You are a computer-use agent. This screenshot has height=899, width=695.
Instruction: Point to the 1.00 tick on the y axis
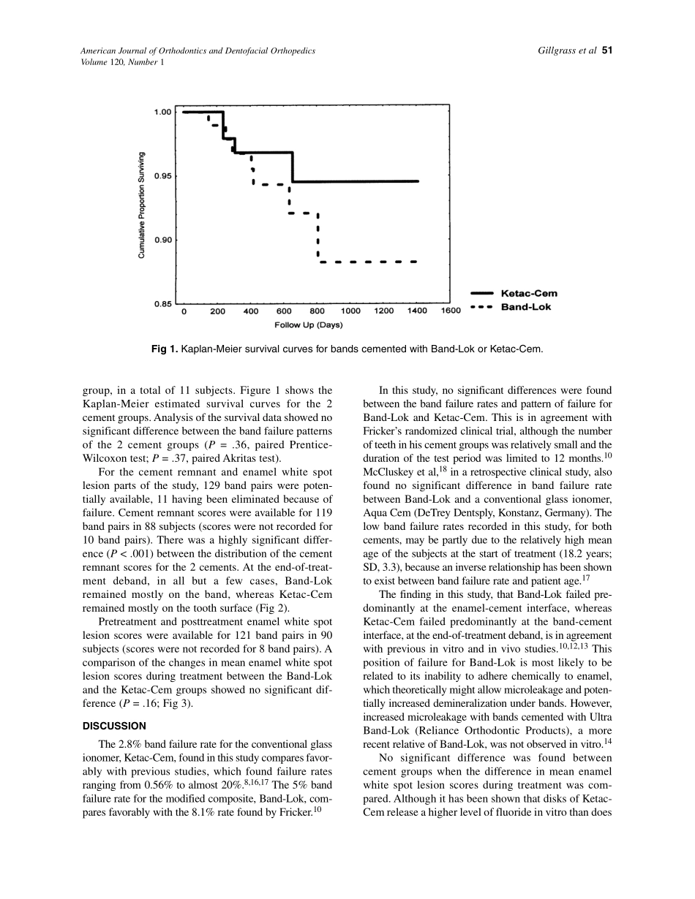pyautogui.click(x=162, y=112)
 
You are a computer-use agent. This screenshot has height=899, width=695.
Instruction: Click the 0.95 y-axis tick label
pyautogui.click(x=162, y=176)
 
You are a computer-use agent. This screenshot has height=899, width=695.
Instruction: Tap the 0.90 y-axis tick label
pyautogui.click(x=162, y=240)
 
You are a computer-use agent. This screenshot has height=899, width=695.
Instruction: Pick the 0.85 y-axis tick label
pyautogui.click(x=162, y=303)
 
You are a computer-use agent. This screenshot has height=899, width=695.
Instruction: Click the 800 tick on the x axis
pyautogui.click(x=318, y=311)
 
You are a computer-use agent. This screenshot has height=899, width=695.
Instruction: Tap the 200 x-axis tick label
pyautogui.click(x=217, y=311)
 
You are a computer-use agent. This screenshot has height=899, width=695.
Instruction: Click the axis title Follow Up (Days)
pyautogui.click(x=308, y=325)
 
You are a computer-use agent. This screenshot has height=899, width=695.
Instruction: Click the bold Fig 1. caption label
pyautogui.click(x=165, y=349)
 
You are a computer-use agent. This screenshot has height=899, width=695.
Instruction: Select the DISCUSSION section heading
pyautogui.click(x=114, y=726)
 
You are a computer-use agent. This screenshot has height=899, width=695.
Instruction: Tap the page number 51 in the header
pyautogui.click(x=606, y=50)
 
